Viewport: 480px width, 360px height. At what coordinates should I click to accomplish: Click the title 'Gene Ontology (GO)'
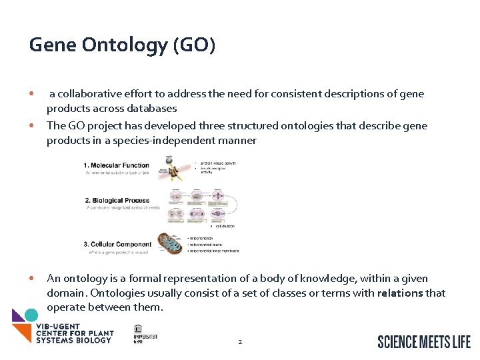(x=122, y=45)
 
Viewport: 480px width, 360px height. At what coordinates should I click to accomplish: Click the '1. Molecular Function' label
(x=117, y=165)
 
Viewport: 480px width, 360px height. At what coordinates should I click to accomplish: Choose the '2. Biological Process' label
(x=117, y=199)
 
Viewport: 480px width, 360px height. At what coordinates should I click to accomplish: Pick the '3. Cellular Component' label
(x=118, y=244)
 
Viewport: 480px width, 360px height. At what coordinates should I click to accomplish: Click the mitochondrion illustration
(x=169, y=243)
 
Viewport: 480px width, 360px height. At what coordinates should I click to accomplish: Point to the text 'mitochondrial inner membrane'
(x=213, y=251)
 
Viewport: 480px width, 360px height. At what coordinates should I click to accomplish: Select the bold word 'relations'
(x=400, y=293)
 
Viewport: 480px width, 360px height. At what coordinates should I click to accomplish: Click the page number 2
(x=239, y=342)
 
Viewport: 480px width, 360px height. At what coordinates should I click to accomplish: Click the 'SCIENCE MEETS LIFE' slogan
(x=424, y=341)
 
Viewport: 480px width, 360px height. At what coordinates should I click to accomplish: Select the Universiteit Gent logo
(x=145, y=333)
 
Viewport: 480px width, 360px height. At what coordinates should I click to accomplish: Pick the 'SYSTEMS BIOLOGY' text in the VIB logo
(x=74, y=340)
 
